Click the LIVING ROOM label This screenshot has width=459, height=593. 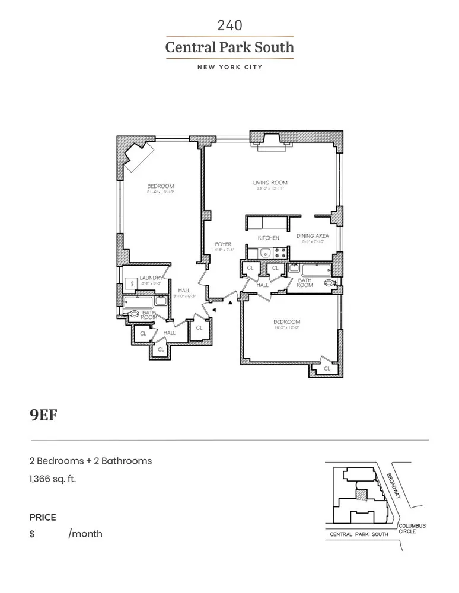[x=270, y=183]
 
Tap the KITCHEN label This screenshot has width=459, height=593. [x=268, y=238]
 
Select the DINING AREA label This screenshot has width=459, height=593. [x=312, y=235]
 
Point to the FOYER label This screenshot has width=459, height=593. [x=223, y=244]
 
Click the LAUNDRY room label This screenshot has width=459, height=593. [x=151, y=278]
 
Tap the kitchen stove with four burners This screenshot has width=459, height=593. [x=280, y=253]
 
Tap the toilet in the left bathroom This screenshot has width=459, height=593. [x=134, y=315]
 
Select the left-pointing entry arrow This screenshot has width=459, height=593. [x=215, y=309]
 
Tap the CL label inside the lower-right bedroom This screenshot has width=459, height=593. [x=326, y=369]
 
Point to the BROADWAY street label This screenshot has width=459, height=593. [x=393, y=485]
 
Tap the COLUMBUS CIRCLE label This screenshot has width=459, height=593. [x=412, y=528]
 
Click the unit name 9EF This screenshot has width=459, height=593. [x=43, y=414]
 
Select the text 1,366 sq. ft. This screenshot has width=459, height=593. [x=53, y=478]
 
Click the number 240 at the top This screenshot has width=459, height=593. [x=230, y=25]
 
